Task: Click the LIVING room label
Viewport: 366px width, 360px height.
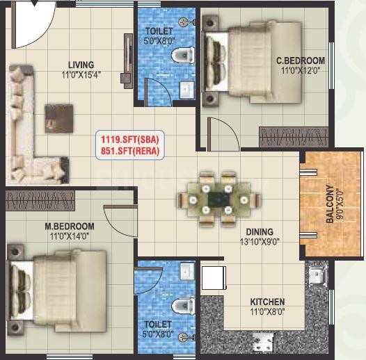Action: tap(81, 65)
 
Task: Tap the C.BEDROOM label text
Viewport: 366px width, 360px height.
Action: tap(301, 60)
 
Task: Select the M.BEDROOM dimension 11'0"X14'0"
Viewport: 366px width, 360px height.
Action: tap(70, 237)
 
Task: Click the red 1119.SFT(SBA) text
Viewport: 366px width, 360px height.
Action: tap(130, 140)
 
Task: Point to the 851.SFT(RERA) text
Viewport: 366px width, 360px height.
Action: tap(130, 151)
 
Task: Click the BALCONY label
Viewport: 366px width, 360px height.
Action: tap(330, 204)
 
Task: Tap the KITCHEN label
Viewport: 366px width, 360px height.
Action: tap(267, 302)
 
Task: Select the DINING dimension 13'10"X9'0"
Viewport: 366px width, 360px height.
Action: tap(260, 242)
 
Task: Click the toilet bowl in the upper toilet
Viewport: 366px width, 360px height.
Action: tap(183, 56)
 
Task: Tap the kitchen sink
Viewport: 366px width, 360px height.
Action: tap(317, 276)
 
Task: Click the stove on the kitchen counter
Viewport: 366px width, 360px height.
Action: tap(263, 343)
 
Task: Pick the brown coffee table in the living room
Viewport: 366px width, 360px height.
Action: tap(59, 119)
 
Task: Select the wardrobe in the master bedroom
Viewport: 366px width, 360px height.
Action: tap(40, 201)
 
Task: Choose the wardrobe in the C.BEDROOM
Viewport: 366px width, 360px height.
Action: tap(294, 137)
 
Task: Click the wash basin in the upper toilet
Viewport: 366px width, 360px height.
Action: tap(186, 89)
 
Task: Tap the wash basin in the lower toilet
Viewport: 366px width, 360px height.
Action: tap(187, 272)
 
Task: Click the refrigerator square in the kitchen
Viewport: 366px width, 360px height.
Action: tap(214, 278)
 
